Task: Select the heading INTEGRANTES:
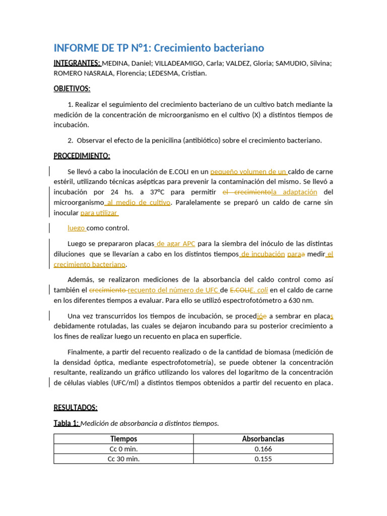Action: click(77, 63)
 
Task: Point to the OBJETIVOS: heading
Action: click(72, 89)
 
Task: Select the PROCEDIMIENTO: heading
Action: click(82, 156)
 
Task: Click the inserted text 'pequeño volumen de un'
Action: click(248, 171)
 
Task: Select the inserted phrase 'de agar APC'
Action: click(175, 244)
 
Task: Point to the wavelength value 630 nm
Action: click(300, 300)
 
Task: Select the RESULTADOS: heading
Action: click(76, 408)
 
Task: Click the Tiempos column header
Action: click(123, 439)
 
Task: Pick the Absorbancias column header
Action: click(263, 439)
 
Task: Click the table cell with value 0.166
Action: click(263, 449)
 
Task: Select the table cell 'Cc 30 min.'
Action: click(123, 459)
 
